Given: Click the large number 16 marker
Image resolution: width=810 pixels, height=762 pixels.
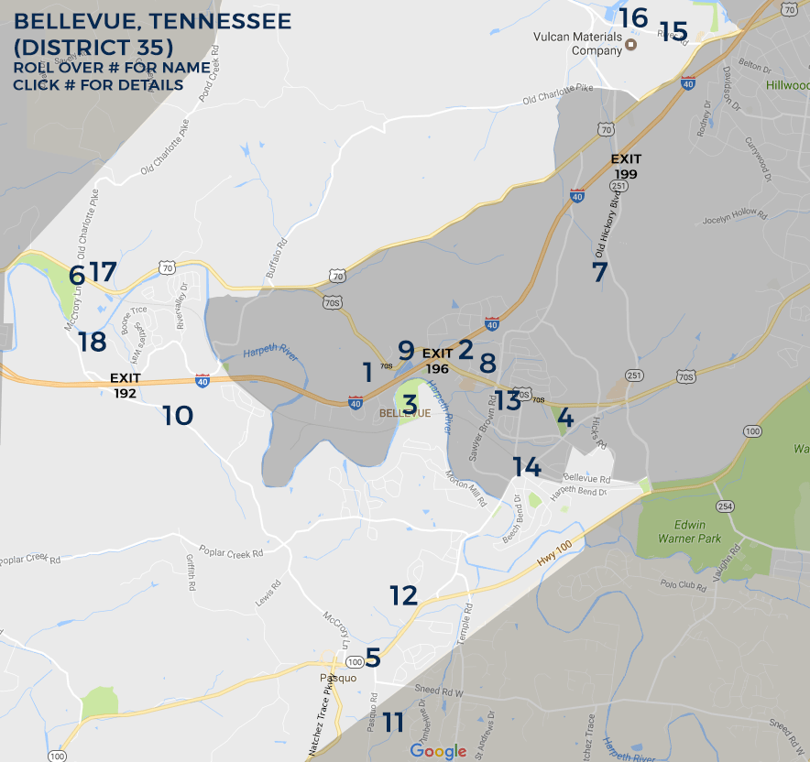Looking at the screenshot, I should click(x=633, y=17).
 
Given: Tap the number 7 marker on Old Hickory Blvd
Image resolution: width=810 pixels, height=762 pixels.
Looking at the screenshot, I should click(x=599, y=272).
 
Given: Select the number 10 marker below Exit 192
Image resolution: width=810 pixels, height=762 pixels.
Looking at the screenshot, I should click(x=178, y=416).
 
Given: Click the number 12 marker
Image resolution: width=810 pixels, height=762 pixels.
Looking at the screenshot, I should click(x=403, y=595).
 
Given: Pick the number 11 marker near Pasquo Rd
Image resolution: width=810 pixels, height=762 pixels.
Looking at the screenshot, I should click(x=393, y=722).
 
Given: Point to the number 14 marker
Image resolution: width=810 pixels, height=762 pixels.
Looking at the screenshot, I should click(x=526, y=466).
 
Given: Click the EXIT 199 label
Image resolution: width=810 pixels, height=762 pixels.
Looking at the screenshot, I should click(x=627, y=166).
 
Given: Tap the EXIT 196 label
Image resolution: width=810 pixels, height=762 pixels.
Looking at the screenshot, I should click(x=438, y=360).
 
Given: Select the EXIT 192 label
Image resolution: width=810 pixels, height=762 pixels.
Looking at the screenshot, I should click(x=125, y=385).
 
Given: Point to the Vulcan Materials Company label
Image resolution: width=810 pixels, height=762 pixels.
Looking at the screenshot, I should click(x=577, y=44).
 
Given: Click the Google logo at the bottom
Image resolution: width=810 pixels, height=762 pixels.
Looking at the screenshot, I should click(x=438, y=751).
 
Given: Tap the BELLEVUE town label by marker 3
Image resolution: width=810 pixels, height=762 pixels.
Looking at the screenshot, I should click(x=405, y=413).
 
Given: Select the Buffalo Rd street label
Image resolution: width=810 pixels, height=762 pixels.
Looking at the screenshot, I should click(x=276, y=257).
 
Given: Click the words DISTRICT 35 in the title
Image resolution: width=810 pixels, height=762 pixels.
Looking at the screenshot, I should click(x=99, y=45).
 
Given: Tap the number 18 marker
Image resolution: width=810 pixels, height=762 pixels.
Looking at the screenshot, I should click(x=93, y=342).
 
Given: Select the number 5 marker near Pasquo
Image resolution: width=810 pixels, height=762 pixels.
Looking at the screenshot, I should click(x=373, y=658).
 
